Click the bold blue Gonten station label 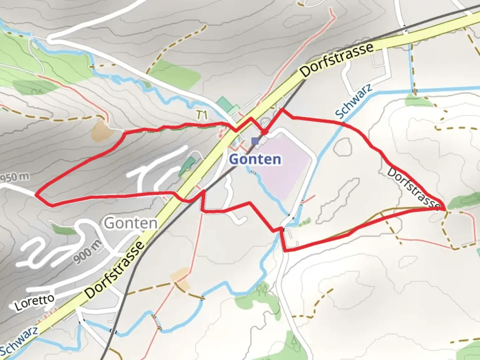pyautogui.click(x=255, y=159)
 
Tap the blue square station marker pyautogui.click(x=255, y=141)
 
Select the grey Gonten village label pyautogui.click(x=130, y=223)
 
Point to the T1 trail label pyautogui.click(x=202, y=115)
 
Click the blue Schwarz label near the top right pyautogui.click(x=353, y=102)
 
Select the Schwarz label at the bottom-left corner pyautogui.click(x=19, y=342)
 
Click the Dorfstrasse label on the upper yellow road pyautogui.click(x=337, y=60)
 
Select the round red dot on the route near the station pyautogui.click(x=264, y=132)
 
